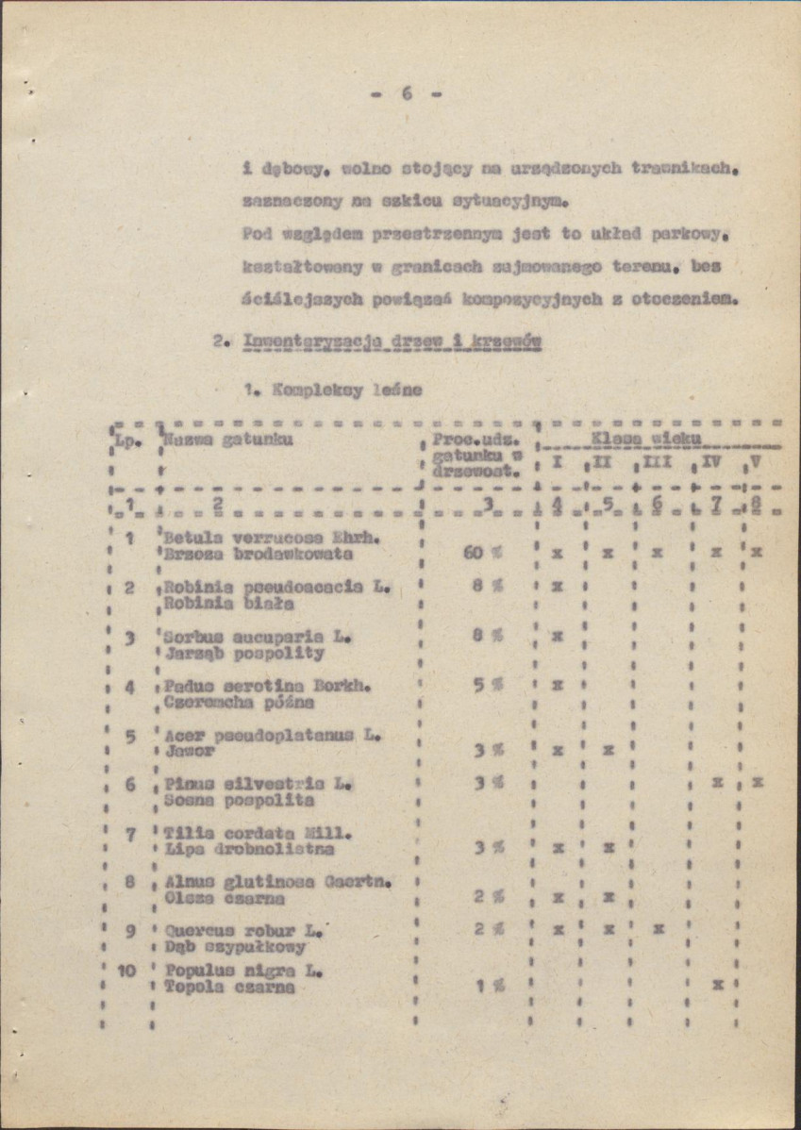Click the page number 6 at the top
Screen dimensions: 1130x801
[407, 93]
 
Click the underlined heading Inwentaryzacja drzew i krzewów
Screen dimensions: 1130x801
[392, 342]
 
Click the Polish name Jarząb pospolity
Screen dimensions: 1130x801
[243, 652]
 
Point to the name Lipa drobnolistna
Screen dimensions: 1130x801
[249, 848]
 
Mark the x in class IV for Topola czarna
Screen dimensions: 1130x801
[719, 984]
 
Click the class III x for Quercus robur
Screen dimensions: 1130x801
[658, 930]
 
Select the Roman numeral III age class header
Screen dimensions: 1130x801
[657, 463]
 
